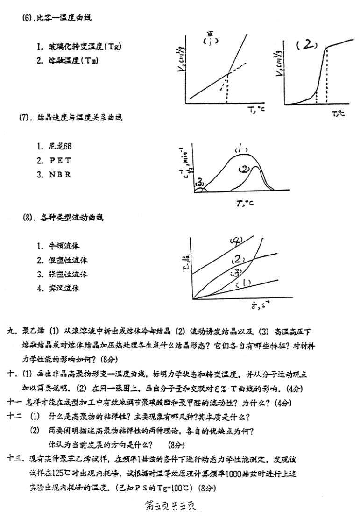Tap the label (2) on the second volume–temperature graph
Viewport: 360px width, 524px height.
click(x=307, y=45)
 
